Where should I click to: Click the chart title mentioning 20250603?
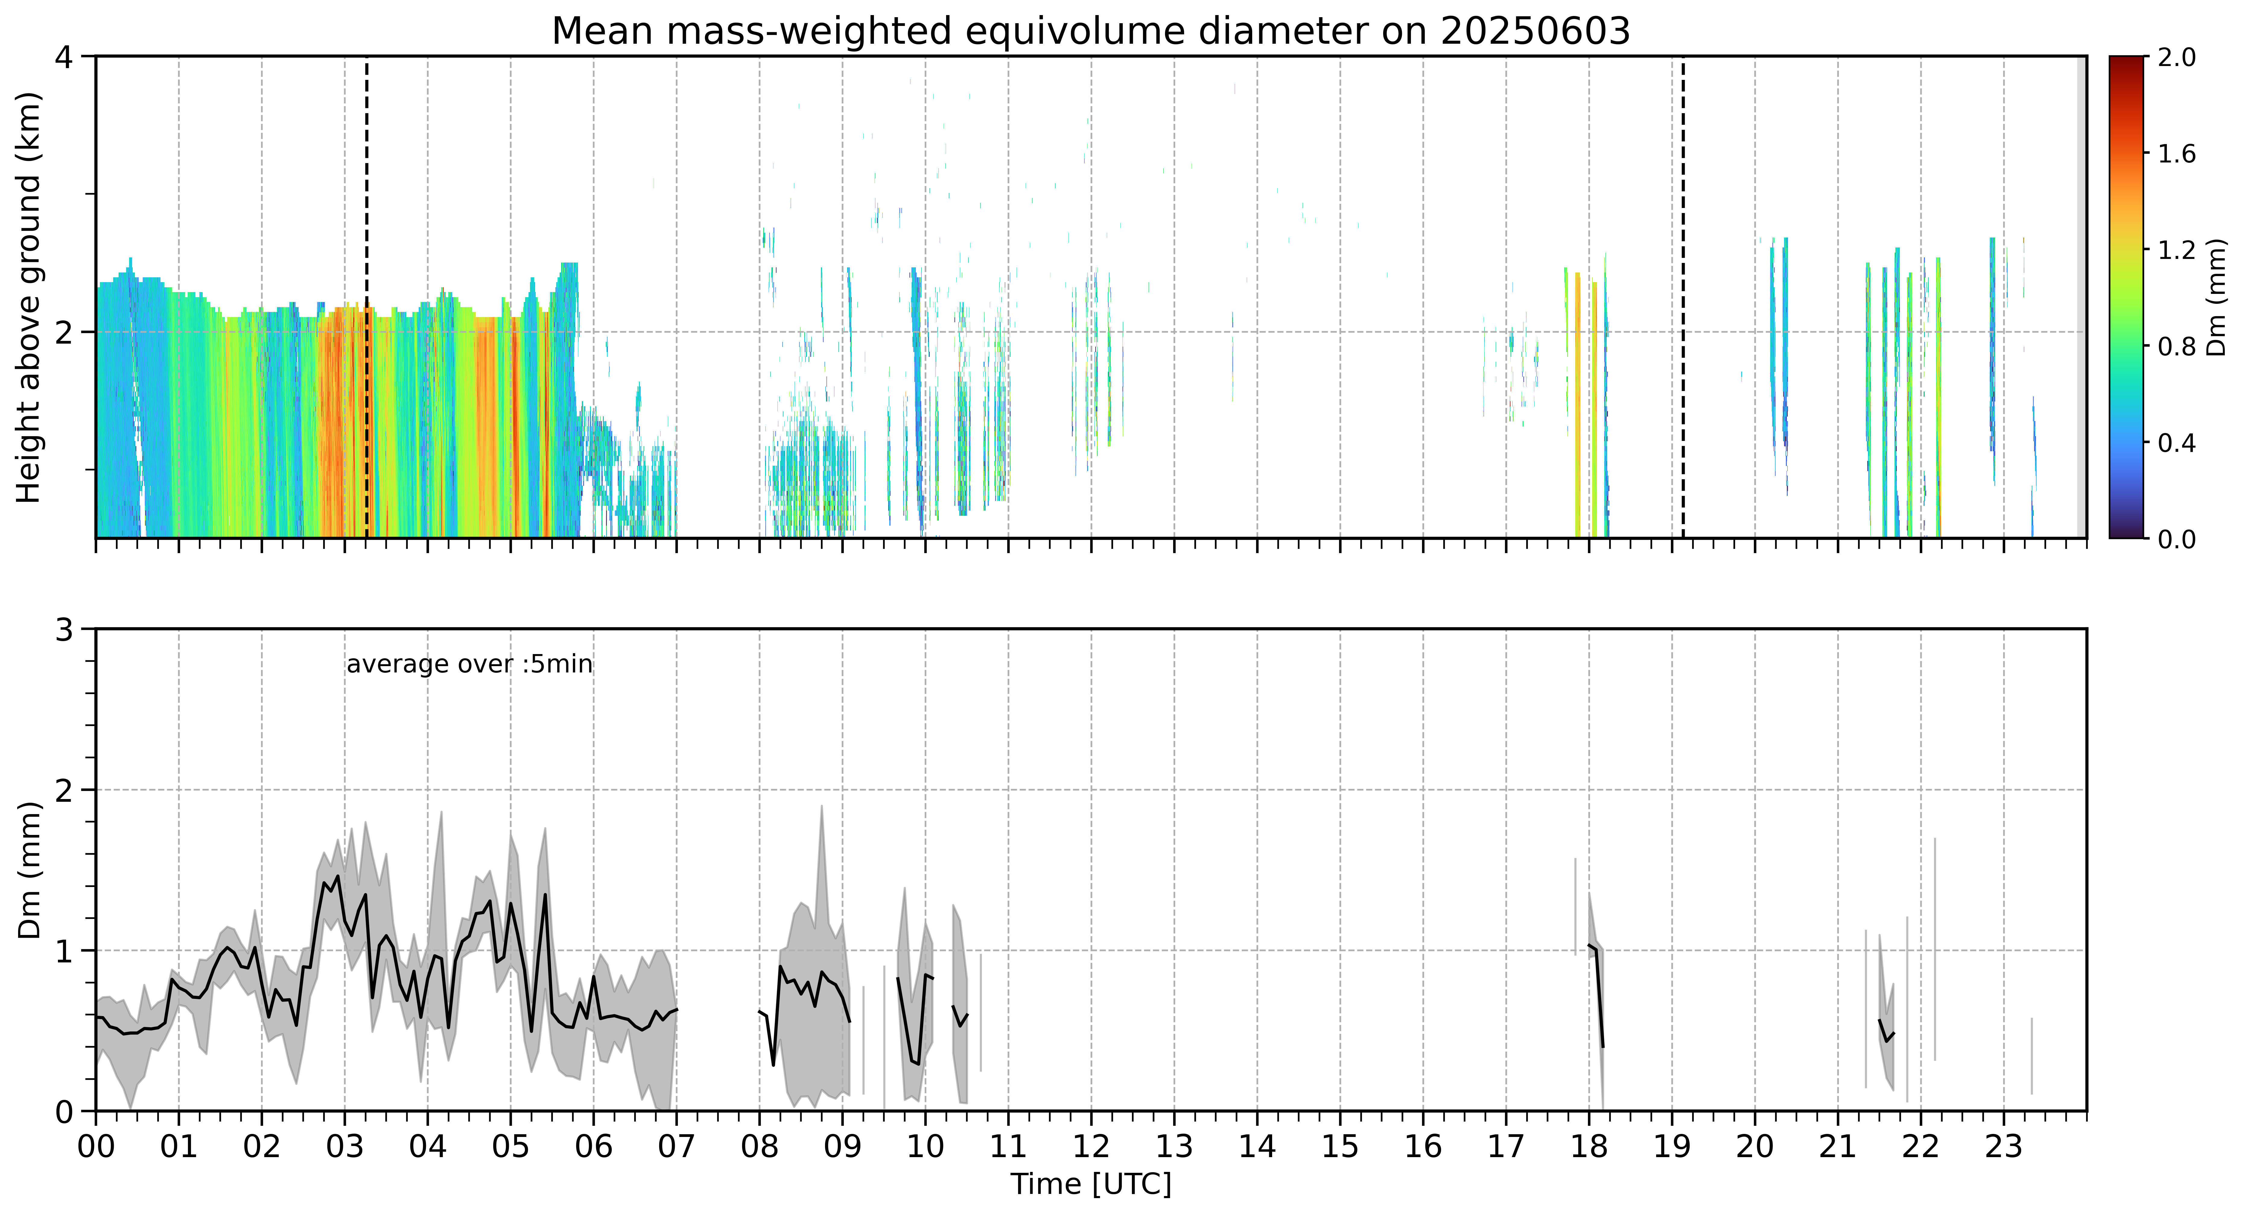click(1091, 31)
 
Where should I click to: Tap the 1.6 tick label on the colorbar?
click(2176, 154)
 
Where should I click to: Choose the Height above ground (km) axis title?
click(29, 297)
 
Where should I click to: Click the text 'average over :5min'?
click(469, 665)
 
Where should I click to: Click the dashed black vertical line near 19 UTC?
click(1683, 297)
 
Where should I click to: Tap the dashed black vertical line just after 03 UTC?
click(366, 297)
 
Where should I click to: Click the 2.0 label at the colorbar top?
click(2176, 58)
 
